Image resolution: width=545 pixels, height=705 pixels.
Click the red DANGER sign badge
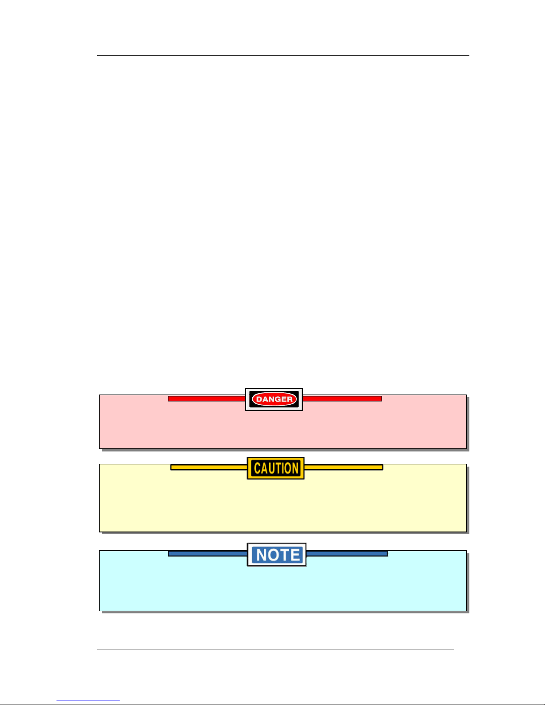274,399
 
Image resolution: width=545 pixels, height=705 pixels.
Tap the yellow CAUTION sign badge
276,468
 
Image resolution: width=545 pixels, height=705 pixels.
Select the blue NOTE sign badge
277,555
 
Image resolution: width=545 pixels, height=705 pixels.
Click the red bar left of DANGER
206,399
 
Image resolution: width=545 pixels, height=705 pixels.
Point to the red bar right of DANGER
342,399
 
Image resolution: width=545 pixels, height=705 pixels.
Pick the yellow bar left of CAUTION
209,467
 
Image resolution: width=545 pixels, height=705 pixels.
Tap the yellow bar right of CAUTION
343,467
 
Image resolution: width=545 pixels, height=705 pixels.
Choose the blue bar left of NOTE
207,554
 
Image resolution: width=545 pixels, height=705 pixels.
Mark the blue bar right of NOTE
347,554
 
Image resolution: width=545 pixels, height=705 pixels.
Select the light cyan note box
283,587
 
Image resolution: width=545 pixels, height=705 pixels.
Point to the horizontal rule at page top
283,56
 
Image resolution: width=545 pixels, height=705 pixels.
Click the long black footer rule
276,649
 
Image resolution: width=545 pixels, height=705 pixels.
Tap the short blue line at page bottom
88,701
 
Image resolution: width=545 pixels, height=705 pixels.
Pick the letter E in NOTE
295,555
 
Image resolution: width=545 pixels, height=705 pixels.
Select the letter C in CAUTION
257,468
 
